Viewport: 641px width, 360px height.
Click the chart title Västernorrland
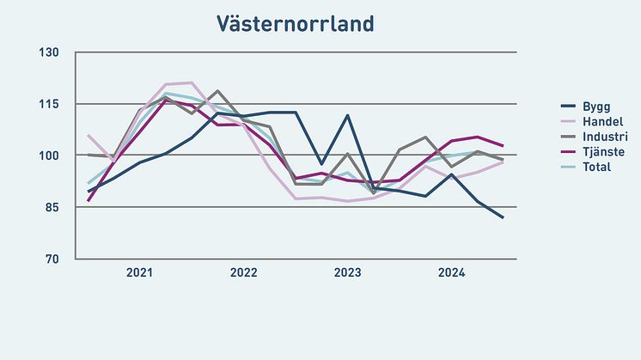(295, 23)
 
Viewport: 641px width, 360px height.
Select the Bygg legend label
(598, 107)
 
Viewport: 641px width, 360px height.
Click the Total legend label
(597, 166)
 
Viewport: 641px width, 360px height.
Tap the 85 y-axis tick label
(52, 207)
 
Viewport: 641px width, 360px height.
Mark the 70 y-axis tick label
(52, 259)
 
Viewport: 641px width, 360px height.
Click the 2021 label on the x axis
(139, 273)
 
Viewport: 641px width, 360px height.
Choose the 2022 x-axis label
(243, 273)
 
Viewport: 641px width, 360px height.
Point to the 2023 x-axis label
(347, 273)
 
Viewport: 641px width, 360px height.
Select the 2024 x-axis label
(451, 273)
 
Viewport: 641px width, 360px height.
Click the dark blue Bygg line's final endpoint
(503, 218)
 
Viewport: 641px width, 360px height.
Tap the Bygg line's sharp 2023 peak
(348, 115)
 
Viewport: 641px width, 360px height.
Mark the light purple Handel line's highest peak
(192, 82)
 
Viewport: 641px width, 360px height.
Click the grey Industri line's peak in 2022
(217, 90)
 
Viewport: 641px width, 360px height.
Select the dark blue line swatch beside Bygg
(568, 107)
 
